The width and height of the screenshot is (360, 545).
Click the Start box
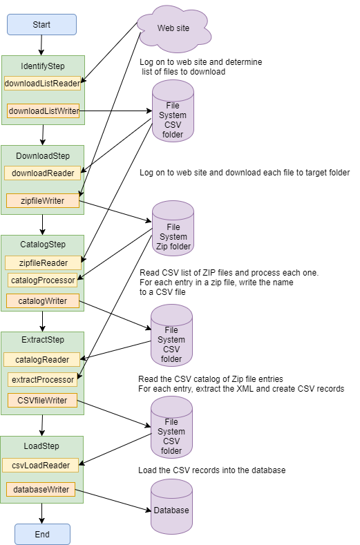41,25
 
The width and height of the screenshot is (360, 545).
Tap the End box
42,534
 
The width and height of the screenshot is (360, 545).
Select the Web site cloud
174,28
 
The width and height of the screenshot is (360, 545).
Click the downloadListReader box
42,84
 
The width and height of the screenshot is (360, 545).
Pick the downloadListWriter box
44,111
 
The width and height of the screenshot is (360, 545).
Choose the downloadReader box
42,173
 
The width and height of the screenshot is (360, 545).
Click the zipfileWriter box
43,200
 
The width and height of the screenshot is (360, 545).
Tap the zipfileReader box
43,262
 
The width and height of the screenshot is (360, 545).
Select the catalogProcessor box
43,280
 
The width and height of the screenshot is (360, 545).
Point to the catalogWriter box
43,300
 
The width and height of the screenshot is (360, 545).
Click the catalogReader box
41,359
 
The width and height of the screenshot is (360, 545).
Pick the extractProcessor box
42,379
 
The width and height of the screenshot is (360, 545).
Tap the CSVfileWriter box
42,401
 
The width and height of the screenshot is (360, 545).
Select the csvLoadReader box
40,465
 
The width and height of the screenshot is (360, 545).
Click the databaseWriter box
41,489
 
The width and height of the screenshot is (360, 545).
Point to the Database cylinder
171,506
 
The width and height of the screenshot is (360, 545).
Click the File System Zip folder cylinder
173,229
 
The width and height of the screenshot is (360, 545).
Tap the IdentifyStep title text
43,66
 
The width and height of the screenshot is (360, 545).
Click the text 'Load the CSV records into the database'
212,470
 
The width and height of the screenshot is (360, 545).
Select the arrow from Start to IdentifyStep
41,45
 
